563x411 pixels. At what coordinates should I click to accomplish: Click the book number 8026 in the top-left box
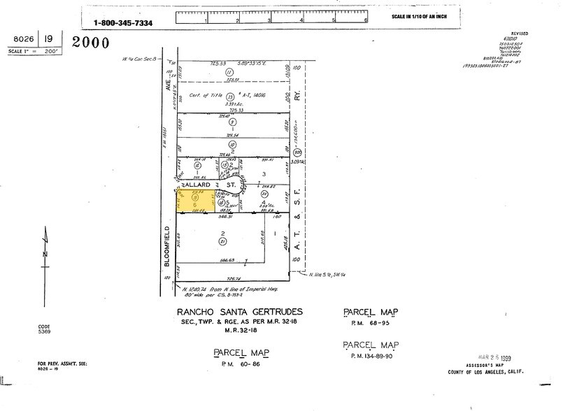coord(22,41)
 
